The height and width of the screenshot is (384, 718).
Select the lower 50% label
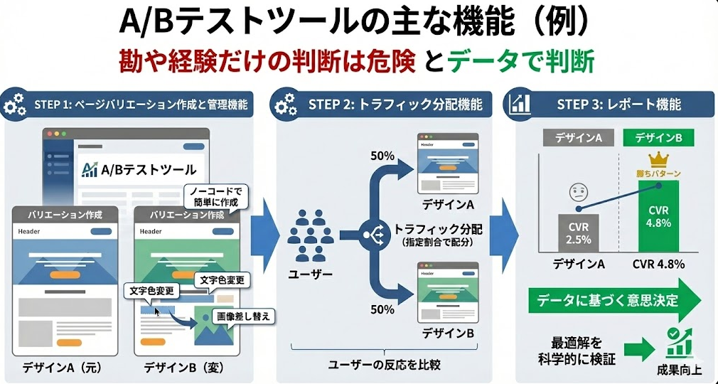pos(382,309)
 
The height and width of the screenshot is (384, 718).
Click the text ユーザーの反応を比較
pos(385,365)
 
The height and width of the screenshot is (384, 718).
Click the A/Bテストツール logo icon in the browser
pos(90,169)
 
